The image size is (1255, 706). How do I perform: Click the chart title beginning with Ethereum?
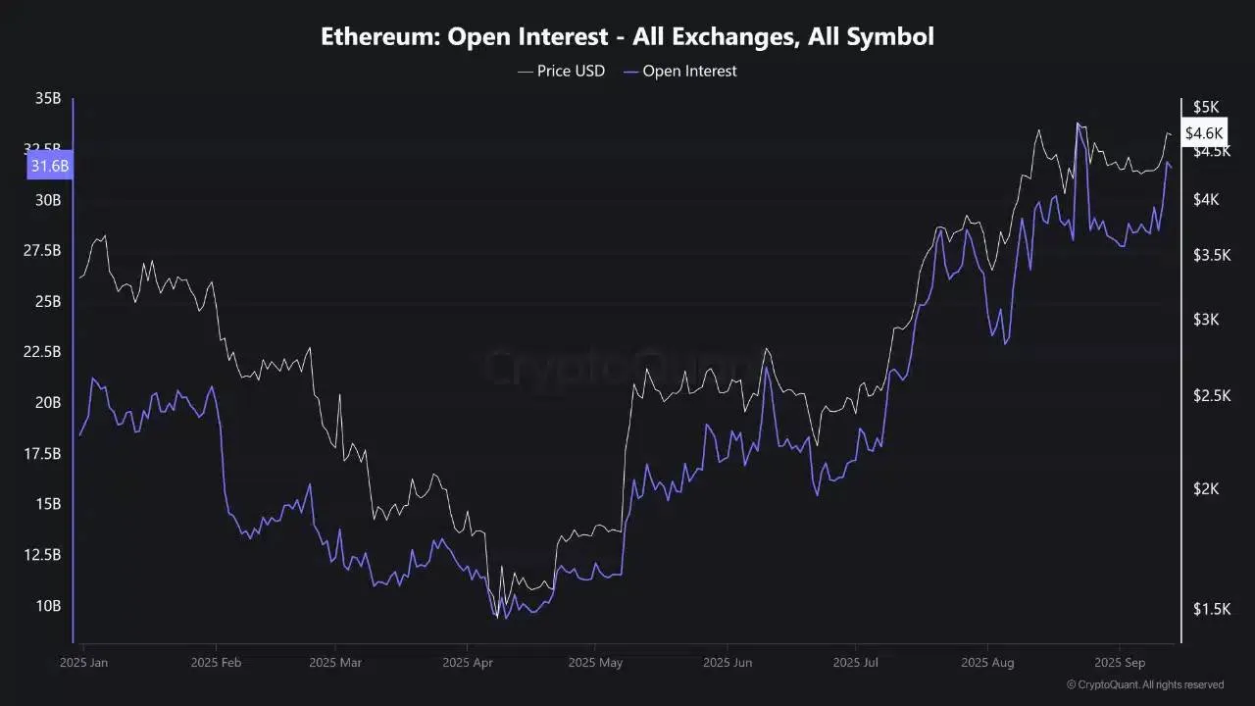(x=627, y=37)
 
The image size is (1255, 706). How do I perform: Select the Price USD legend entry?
(x=561, y=71)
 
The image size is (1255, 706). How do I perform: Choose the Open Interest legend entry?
(x=679, y=71)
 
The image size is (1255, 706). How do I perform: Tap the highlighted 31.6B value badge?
(x=50, y=166)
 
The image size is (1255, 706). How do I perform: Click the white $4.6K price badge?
(x=1204, y=132)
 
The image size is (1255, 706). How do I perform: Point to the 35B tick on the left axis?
(x=48, y=98)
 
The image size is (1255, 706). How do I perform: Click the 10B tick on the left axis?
(x=48, y=605)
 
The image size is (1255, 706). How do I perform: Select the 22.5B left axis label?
(x=42, y=352)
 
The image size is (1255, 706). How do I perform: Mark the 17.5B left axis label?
(x=42, y=453)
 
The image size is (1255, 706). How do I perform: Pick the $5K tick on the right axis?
(x=1205, y=107)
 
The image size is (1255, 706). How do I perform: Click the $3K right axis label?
(x=1205, y=320)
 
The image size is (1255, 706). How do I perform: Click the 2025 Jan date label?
(x=84, y=662)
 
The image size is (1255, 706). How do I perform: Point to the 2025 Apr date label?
(x=467, y=662)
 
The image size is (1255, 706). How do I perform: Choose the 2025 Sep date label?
(x=1120, y=662)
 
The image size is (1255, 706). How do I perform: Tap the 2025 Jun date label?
(x=728, y=662)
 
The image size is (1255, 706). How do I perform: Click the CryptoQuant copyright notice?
(x=1144, y=684)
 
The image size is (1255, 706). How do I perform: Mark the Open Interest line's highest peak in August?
(x=1079, y=125)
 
